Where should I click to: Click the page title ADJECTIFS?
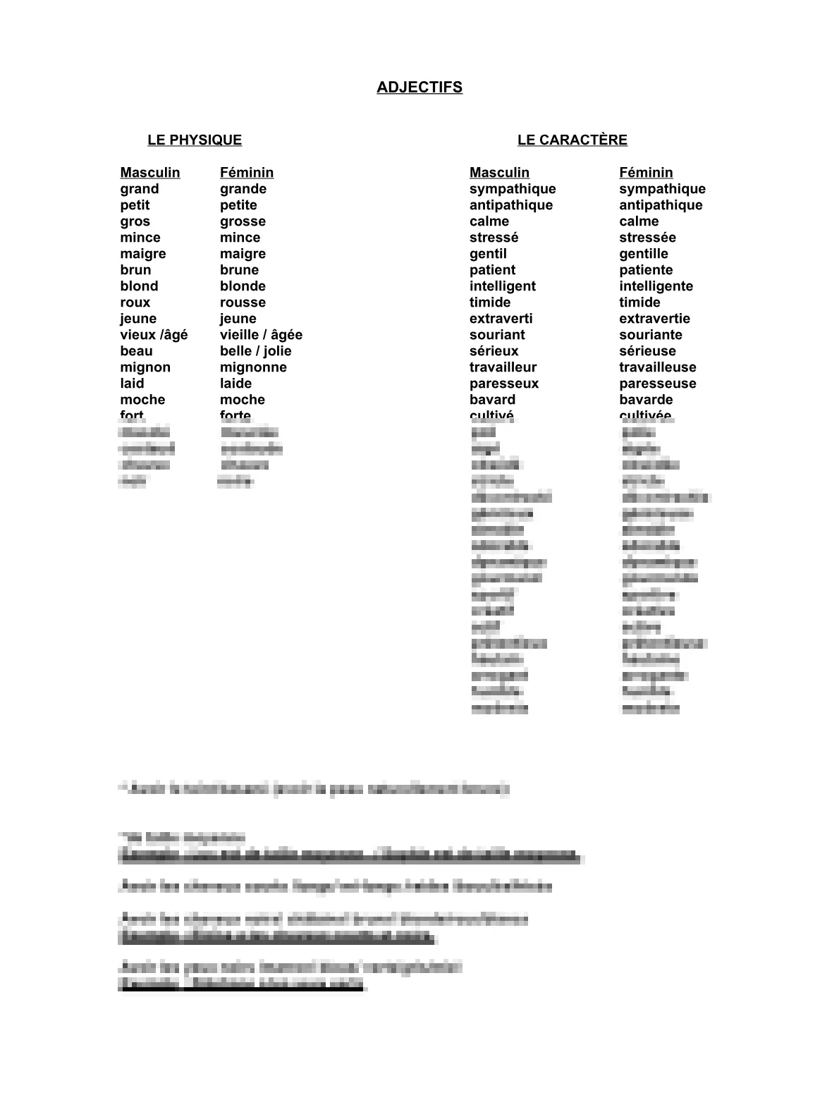[420, 87]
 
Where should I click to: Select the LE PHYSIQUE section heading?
[195, 140]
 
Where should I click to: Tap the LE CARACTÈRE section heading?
[572, 140]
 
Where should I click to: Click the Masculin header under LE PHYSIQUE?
[149, 173]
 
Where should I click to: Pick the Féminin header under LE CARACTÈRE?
[646, 173]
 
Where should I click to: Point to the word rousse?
[243, 302]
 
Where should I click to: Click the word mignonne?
[253, 367]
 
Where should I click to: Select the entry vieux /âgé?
[154, 335]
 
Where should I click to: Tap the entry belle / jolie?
[255, 351]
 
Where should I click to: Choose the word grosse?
[243, 221]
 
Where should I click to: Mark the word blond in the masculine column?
[139, 286]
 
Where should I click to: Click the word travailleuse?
[657, 367]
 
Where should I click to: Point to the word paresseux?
[504, 384]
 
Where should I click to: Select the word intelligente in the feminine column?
[656, 286]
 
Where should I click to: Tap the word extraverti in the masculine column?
[501, 319]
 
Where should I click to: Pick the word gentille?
[644, 254]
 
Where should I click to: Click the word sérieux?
[494, 351]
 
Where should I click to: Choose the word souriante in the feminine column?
[650, 335]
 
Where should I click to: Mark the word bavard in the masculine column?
[492, 400]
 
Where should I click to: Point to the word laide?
[235, 384]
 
